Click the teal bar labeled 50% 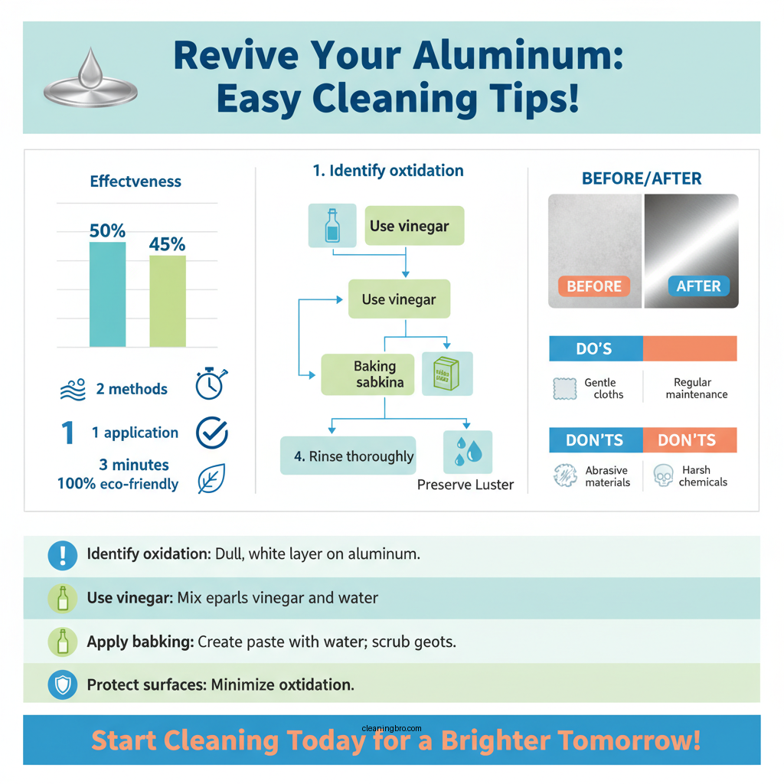(108, 294)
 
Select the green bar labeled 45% (168, 300)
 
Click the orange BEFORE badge (594, 286)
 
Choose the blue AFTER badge (698, 286)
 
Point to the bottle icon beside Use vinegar (332, 225)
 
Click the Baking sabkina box (368, 374)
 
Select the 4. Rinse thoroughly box (348, 456)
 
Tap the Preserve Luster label (465, 485)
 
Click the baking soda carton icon (447, 374)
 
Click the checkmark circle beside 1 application (212, 433)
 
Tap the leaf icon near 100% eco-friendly (211, 479)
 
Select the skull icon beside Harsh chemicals (662, 476)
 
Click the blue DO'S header (596, 348)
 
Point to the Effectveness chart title (136, 181)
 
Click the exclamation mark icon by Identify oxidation (62, 554)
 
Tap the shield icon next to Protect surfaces (62, 685)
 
